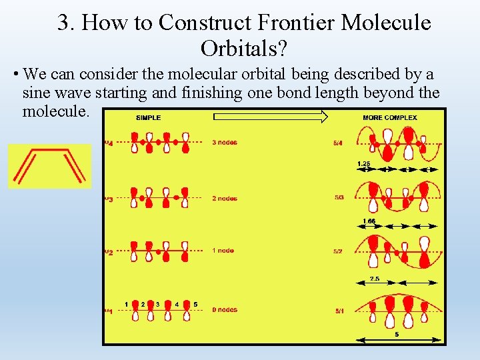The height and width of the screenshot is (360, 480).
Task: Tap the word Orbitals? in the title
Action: [244, 48]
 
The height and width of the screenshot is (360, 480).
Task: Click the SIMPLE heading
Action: [148, 118]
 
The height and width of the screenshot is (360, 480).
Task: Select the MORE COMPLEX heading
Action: [390, 118]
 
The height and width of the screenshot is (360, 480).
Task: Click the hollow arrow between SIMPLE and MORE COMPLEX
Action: [270, 117]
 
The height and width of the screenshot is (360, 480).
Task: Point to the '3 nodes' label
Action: [225, 142]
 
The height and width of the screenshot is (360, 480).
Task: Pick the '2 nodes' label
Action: [225, 198]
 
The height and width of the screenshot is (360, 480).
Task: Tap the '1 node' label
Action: [223, 251]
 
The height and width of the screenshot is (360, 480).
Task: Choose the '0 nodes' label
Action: [225, 309]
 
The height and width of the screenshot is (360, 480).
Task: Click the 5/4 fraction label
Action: [339, 142]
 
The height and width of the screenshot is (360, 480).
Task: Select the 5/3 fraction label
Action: [339, 197]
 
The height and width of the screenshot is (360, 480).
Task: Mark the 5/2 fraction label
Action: [339, 251]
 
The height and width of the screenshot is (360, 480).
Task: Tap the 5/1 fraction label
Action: [339, 310]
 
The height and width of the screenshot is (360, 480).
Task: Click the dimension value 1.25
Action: [364, 163]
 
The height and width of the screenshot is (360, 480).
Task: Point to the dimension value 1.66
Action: [369, 221]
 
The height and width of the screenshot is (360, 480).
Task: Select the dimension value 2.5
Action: [375, 279]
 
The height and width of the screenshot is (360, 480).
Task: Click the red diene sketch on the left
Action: [49, 166]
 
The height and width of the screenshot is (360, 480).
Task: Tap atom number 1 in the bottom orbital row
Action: [127, 305]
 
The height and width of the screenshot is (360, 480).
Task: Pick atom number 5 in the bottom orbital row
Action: [195, 305]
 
